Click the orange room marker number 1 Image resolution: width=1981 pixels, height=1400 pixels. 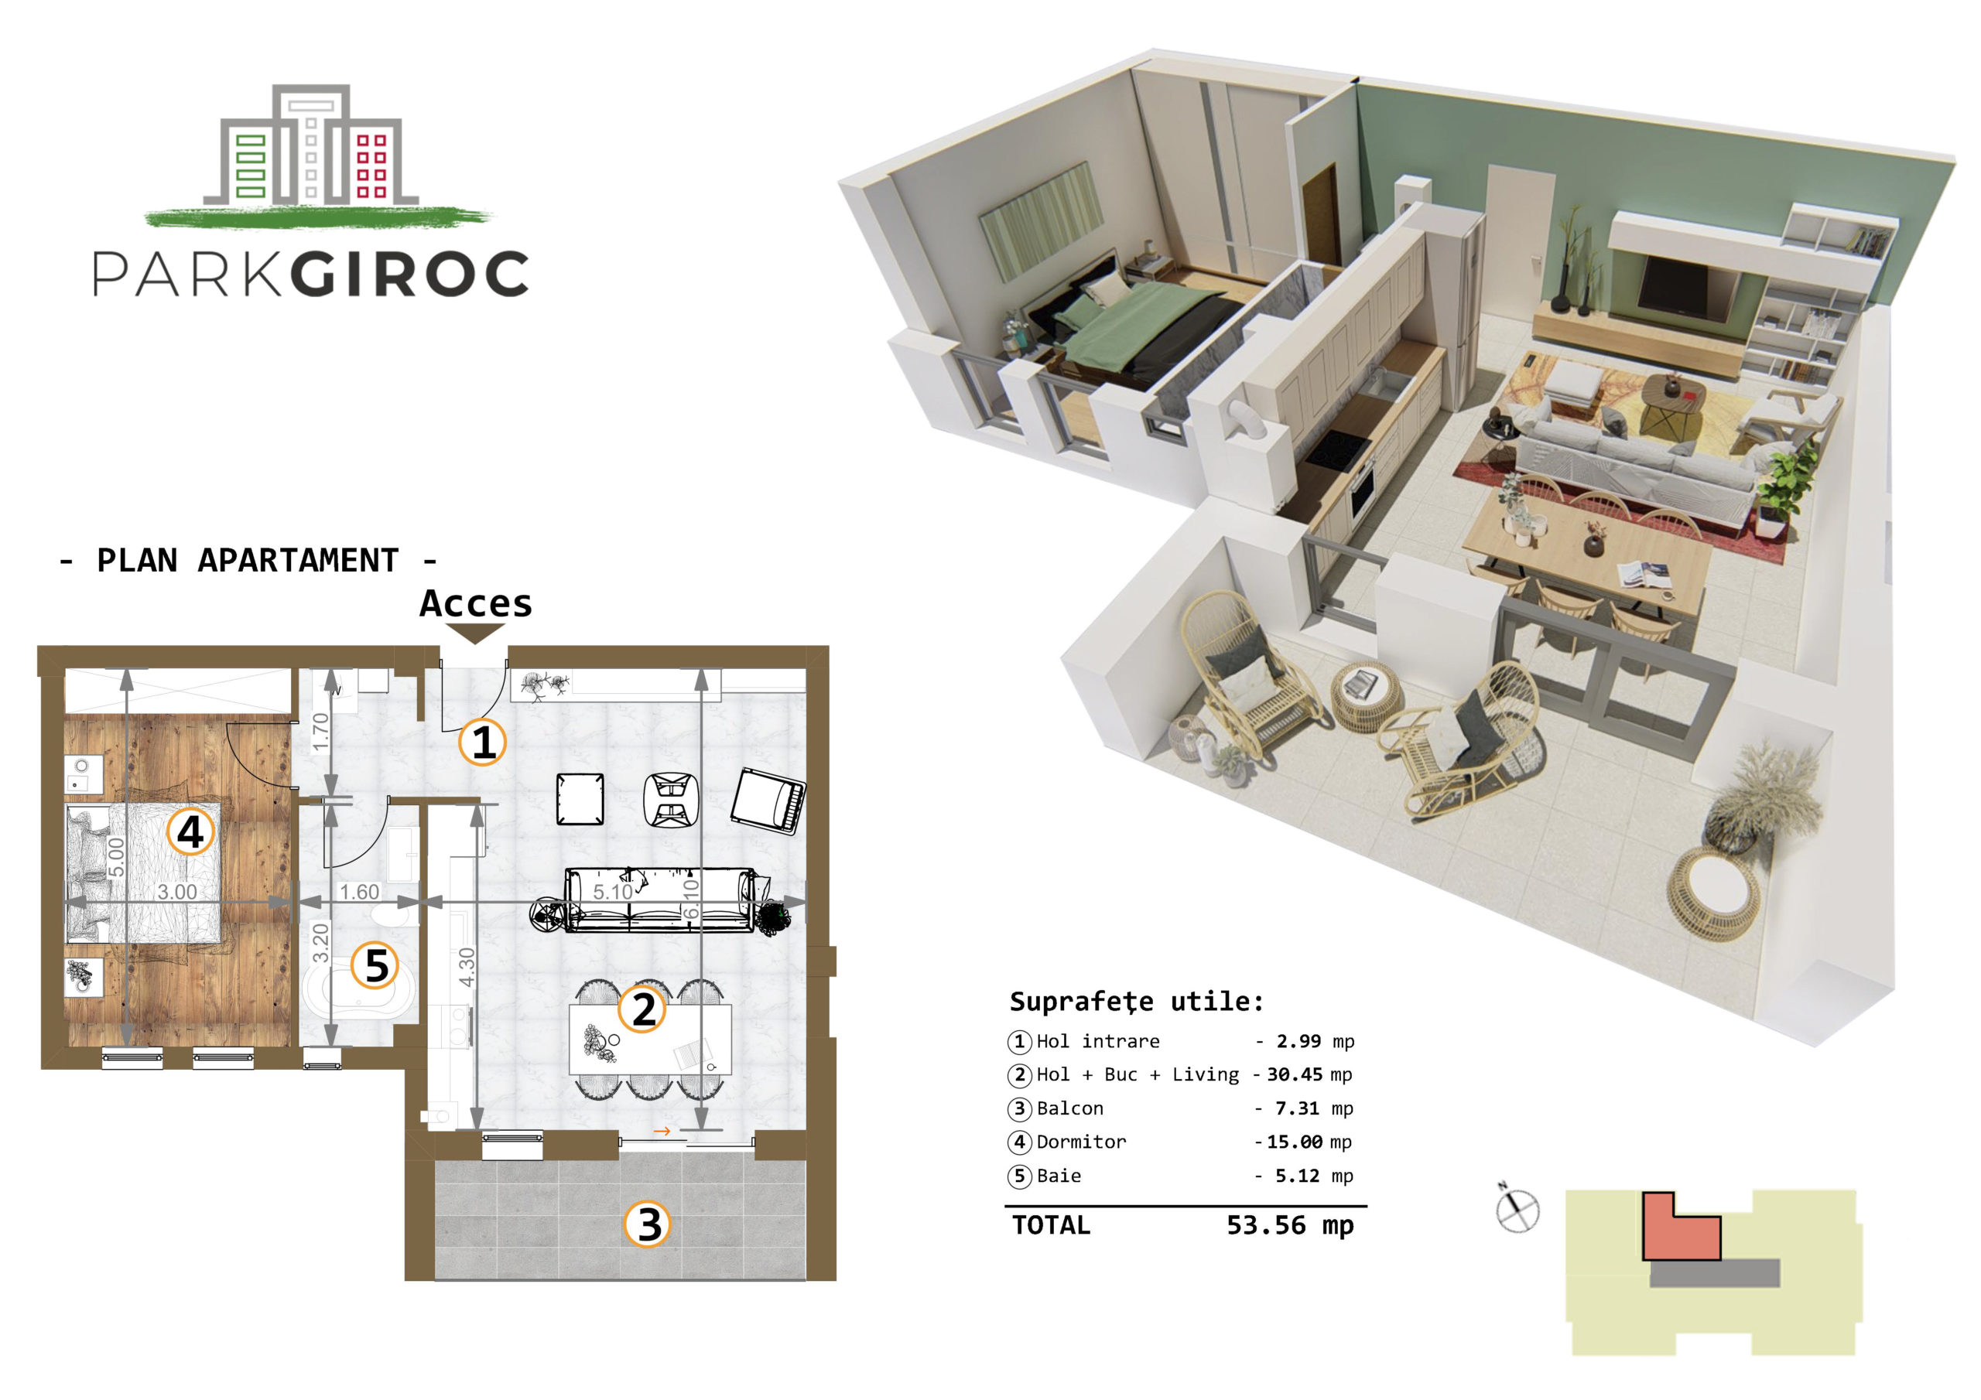pyautogui.click(x=482, y=742)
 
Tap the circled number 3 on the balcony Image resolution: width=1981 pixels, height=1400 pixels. pyautogui.click(x=648, y=1225)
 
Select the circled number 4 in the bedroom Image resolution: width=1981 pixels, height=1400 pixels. pyautogui.click(x=190, y=831)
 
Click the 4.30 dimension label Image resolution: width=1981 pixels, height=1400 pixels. pyautogui.click(x=467, y=967)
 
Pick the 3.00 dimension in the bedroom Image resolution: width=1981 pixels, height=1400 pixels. pyautogui.click(x=177, y=892)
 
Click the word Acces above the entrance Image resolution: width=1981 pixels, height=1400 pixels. pyautogui.click(x=475, y=604)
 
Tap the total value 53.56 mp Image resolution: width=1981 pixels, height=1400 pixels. pyautogui.click(x=1290, y=1225)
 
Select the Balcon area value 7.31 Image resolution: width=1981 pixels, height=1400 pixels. pyautogui.click(x=1298, y=1108)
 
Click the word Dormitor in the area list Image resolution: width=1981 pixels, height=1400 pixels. pyautogui.click(x=1081, y=1142)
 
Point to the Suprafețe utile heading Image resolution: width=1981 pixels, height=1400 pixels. pyautogui.click(x=1136, y=1002)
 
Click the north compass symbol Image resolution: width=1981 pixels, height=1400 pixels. pyautogui.click(x=1517, y=1210)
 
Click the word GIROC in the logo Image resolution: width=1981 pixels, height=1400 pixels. pyautogui.click(x=409, y=275)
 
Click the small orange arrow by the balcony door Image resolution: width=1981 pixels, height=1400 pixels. pyautogui.click(x=662, y=1131)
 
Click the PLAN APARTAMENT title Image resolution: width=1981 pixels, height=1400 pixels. pyautogui.click(x=248, y=561)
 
